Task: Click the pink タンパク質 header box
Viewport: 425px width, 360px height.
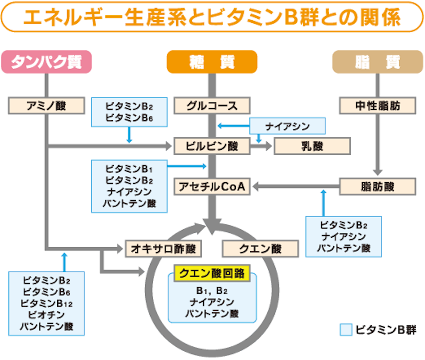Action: [46, 62]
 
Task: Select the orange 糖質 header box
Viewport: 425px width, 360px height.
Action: [212, 62]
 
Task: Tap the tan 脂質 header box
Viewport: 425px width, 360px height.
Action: [378, 62]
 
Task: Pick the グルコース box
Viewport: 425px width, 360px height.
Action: [212, 106]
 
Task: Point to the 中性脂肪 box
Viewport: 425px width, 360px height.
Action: [378, 106]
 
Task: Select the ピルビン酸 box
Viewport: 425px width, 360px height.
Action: [212, 146]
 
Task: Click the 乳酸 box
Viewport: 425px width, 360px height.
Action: [312, 146]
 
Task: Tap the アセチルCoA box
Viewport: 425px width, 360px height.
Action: [212, 187]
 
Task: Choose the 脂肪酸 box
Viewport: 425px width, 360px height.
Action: [378, 187]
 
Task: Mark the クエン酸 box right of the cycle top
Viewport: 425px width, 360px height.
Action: [260, 248]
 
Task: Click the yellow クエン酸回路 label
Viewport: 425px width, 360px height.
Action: [212, 273]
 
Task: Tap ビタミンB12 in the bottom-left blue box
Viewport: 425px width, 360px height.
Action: [46, 304]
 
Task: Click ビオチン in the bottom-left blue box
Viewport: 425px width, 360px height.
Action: [46, 315]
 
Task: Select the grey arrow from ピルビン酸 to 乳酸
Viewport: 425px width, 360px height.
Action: [261, 146]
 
